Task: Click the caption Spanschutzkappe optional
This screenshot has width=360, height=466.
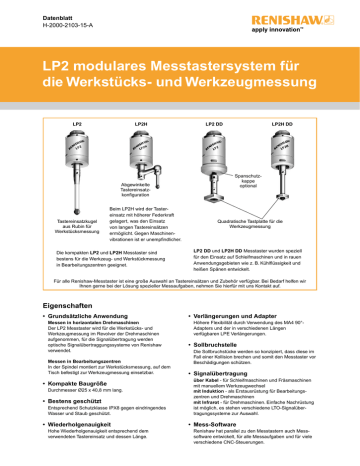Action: [x=252, y=179]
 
